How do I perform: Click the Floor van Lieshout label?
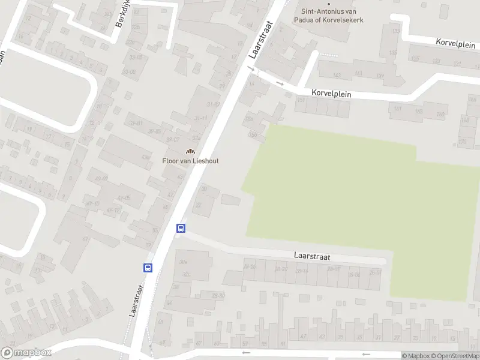tap(190, 160)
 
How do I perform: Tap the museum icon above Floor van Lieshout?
tap(190, 151)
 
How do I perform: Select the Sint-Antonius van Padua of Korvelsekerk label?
tap(332, 15)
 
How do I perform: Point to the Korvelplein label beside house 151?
tap(331, 94)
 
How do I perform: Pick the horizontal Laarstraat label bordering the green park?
tap(312, 256)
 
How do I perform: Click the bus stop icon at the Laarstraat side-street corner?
tap(181, 228)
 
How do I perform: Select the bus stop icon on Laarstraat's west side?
tap(148, 268)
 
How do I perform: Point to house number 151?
tap(301, 100)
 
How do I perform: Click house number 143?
tap(336, 75)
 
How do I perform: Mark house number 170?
tap(462, 142)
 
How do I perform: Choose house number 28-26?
tap(280, 269)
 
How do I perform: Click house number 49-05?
tap(124, 197)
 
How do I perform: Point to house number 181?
tap(397, 109)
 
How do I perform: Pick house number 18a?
tap(249, 119)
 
